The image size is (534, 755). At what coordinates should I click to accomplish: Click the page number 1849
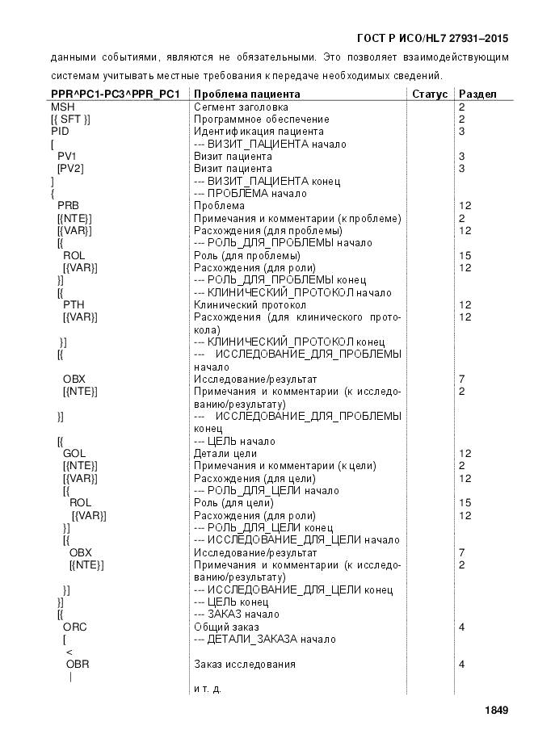tap(496, 711)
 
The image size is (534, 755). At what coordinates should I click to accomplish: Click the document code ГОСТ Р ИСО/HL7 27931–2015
tap(432, 38)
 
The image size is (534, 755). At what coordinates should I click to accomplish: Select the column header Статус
tap(430, 94)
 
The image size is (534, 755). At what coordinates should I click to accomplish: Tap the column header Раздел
tap(477, 94)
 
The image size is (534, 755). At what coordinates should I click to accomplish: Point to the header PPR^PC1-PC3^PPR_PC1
tap(115, 94)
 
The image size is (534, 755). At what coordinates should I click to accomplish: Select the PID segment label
tap(60, 131)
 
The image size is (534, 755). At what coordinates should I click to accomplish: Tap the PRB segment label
tap(68, 206)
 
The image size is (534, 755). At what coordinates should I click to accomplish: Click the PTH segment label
tap(74, 305)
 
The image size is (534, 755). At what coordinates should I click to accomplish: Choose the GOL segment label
tap(74, 454)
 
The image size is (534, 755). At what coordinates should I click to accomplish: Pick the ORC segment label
tap(75, 627)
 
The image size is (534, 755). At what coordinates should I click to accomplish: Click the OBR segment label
tap(78, 665)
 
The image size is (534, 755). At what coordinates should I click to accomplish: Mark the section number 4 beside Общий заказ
tap(461, 627)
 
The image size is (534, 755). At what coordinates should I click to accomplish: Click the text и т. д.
tap(208, 689)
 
